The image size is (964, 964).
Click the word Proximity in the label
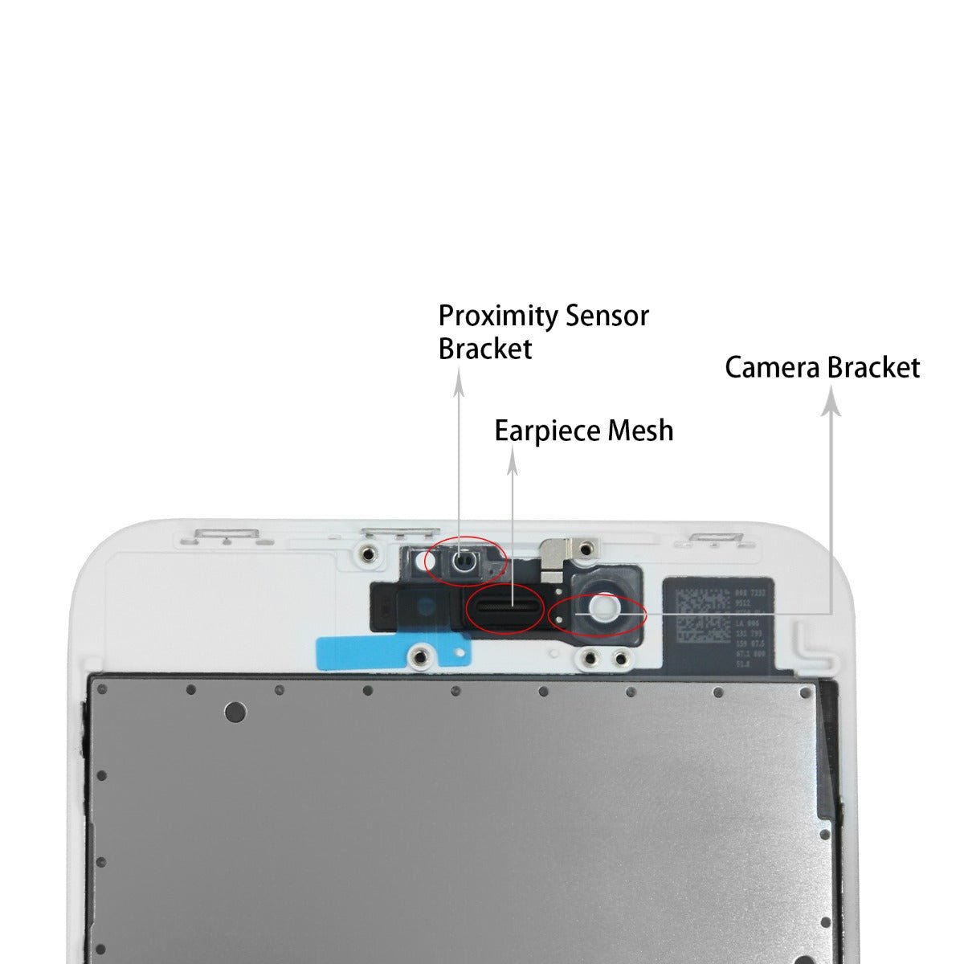(x=498, y=317)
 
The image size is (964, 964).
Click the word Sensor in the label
(x=607, y=316)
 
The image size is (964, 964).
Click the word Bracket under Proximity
(x=484, y=349)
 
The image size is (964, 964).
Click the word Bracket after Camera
(x=873, y=367)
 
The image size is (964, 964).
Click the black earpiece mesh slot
(x=506, y=605)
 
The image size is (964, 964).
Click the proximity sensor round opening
(x=462, y=562)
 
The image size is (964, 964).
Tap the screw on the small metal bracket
(x=586, y=548)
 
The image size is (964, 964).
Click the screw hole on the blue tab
(x=419, y=656)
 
